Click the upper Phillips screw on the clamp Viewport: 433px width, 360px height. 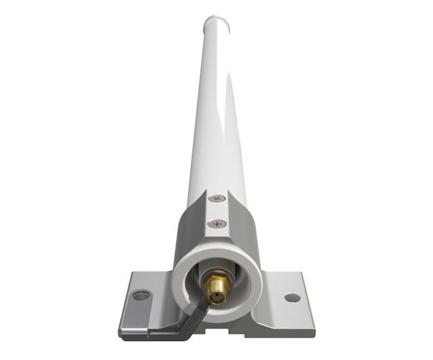216,199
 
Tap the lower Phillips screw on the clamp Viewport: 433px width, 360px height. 216,224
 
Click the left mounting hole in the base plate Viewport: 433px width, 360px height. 140,296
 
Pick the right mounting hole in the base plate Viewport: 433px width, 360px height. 292,297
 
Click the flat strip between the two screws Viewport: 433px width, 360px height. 216,211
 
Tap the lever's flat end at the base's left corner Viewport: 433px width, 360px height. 135,324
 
